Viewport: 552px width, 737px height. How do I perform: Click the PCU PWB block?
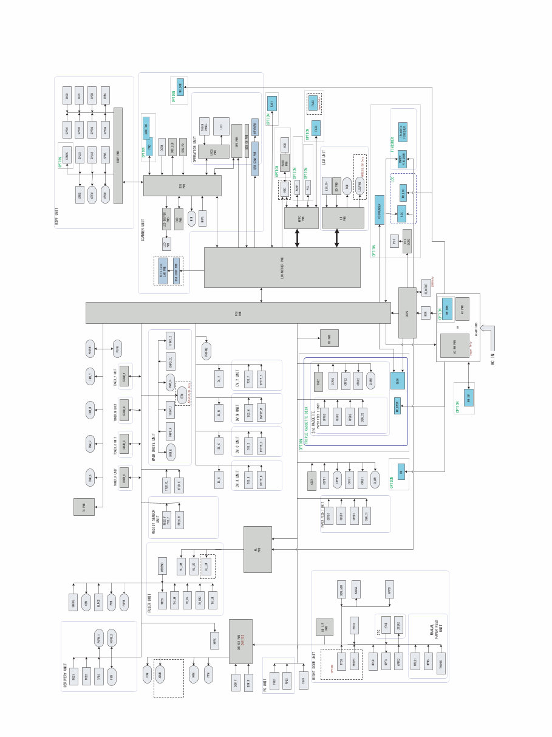(x=237, y=313)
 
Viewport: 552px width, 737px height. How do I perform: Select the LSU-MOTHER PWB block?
(x=282, y=267)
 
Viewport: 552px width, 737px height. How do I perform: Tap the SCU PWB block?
(x=182, y=185)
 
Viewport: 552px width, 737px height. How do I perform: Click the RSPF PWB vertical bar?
(x=118, y=156)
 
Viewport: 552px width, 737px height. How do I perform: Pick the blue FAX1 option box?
(x=272, y=103)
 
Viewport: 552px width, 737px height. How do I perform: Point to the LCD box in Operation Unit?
(x=221, y=126)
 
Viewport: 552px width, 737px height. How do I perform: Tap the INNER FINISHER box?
(x=402, y=159)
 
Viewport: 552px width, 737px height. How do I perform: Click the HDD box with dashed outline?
(x=284, y=190)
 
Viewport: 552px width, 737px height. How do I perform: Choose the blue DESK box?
(x=398, y=380)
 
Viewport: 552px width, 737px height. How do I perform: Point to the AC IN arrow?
(x=491, y=335)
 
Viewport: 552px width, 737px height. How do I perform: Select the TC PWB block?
(x=84, y=506)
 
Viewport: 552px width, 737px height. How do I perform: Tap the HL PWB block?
(x=257, y=549)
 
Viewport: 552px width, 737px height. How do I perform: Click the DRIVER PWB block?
(x=240, y=642)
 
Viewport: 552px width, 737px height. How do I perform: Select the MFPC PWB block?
(x=301, y=218)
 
